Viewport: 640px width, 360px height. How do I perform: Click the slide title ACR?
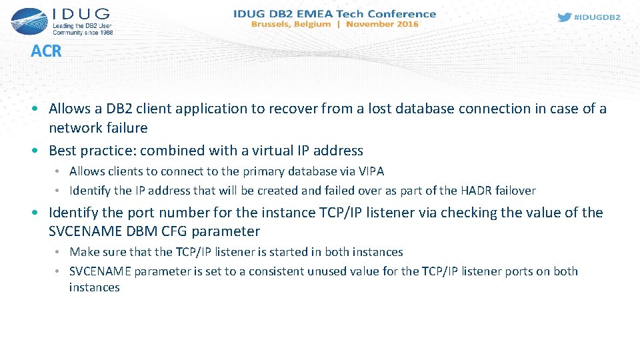click(x=46, y=51)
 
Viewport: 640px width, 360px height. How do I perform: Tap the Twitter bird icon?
click(x=564, y=17)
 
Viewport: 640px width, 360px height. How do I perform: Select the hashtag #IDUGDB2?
click(x=597, y=18)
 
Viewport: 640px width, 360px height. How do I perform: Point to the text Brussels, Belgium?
click(x=291, y=24)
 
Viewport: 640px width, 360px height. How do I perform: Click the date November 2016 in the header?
click(x=382, y=24)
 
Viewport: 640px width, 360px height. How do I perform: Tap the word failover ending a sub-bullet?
click(x=513, y=191)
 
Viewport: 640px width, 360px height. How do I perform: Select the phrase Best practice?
click(x=91, y=150)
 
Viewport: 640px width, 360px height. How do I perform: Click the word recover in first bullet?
click(x=287, y=108)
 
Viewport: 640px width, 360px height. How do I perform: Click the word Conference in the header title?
click(x=403, y=13)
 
